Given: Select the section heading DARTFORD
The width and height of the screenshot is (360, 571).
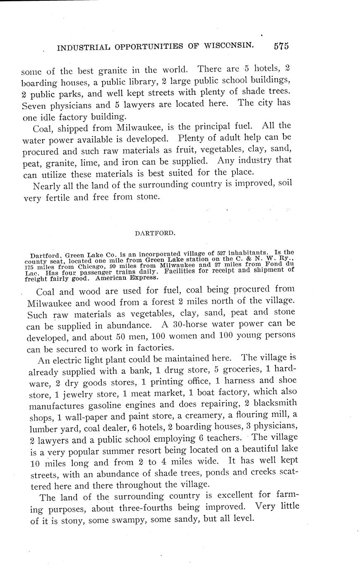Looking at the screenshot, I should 155,233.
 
